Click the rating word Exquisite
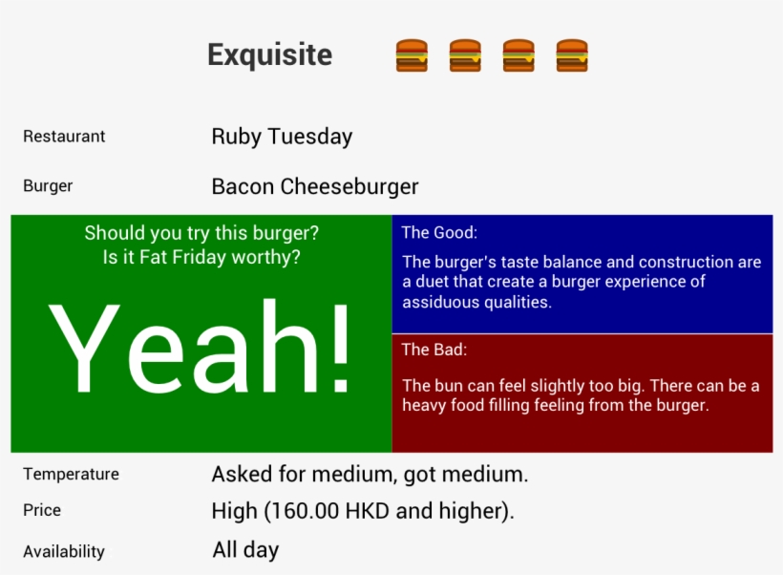pyautogui.click(x=269, y=55)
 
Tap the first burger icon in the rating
pyautogui.click(x=412, y=55)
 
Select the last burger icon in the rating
pyautogui.click(x=572, y=55)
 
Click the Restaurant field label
pyautogui.click(x=64, y=137)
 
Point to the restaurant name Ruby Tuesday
pyautogui.click(x=282, y=137)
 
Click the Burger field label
pyautogui.click(x=48, y=186)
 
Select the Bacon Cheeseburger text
pyautogui.click(x=315, y=186)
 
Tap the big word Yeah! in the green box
pyautogui.click(x=201, y=349)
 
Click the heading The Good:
pyautogui.click(x=439, y=232)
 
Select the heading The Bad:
pyautogui.click(x=434, y=350)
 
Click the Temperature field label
pyautogui.click(x=71, y=475)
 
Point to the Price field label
pyautogui.click(x=42, y=511)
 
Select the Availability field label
pyautogui.click(x=64, y=551)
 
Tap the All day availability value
pyautogui.click(x=245, y=550)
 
